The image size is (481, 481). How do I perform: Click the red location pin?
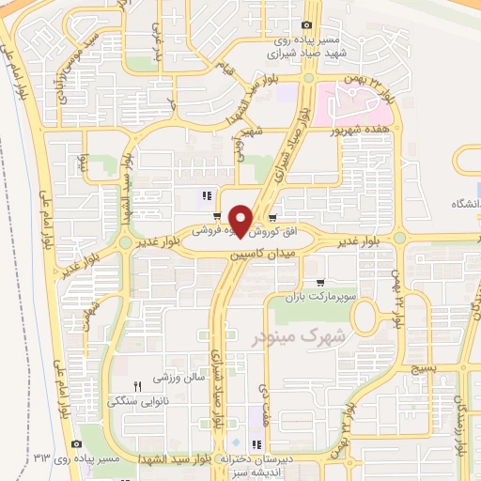(x=241, y=221)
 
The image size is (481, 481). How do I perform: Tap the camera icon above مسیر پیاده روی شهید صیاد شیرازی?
(x=307, y=25)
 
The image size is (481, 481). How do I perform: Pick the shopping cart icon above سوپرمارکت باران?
(x=320, y=282)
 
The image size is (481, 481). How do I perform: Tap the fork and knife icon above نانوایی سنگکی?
(x=137, y=386)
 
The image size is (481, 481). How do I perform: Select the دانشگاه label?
(x=466, y=205)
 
